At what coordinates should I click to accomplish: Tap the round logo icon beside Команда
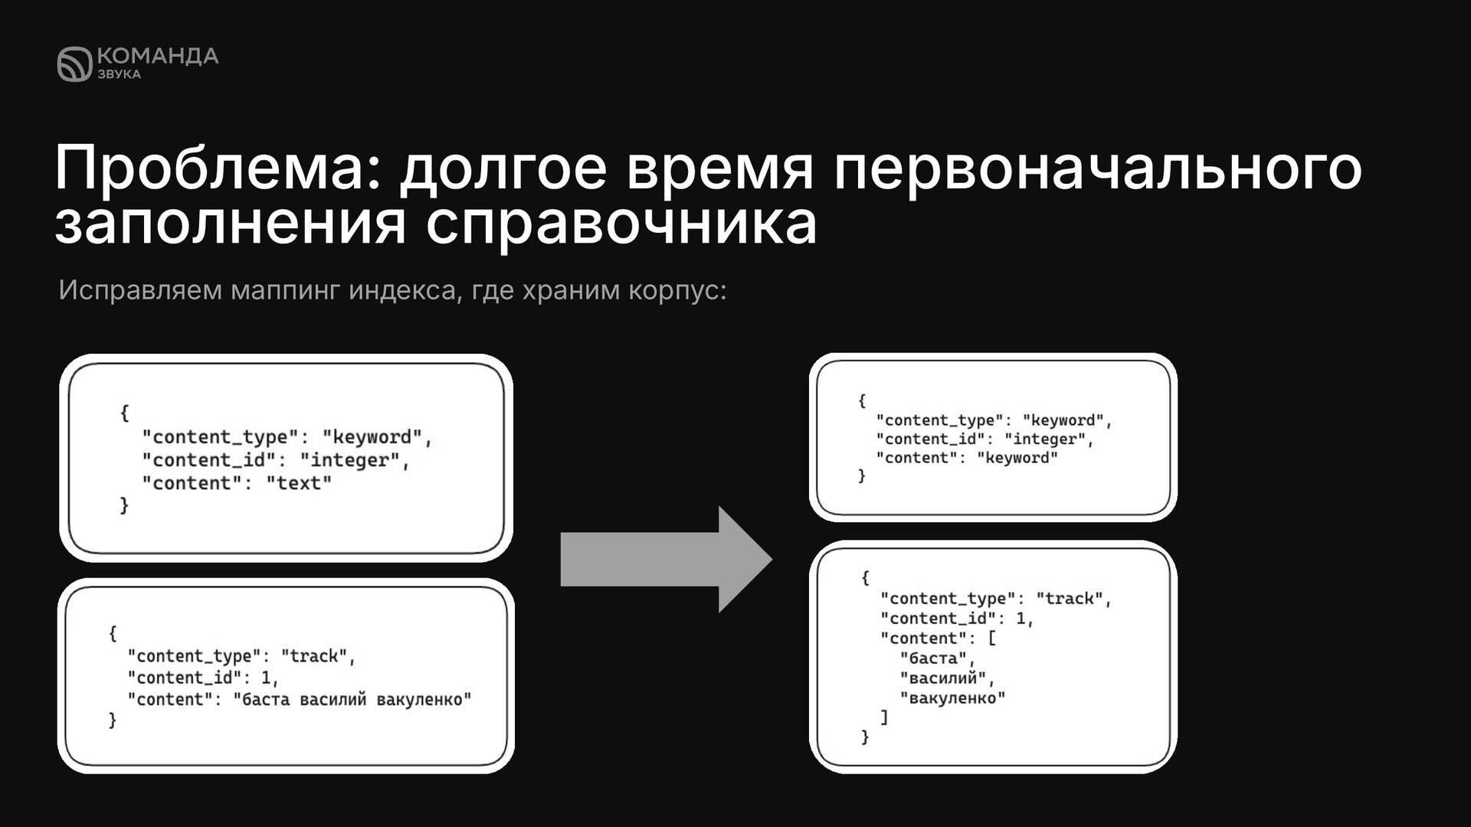tap(74, 64)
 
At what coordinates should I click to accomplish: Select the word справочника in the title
tap(621, 225)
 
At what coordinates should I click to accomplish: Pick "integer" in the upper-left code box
tap(350, 460)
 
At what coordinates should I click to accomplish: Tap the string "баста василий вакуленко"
tap(352, 699)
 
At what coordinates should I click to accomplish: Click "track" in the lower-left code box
tap(314, 656)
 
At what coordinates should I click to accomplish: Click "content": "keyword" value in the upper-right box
tap(1017, 458)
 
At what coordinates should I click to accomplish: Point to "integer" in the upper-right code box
tap(1044, 440)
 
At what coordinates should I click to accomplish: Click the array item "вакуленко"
tap(952, 698)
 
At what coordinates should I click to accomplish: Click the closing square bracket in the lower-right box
tap(884, 717)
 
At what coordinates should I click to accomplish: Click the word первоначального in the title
tap(1098, 169)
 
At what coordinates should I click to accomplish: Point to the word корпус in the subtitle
tap(672, 291)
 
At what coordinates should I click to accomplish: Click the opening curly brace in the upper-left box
tap(124, 413)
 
